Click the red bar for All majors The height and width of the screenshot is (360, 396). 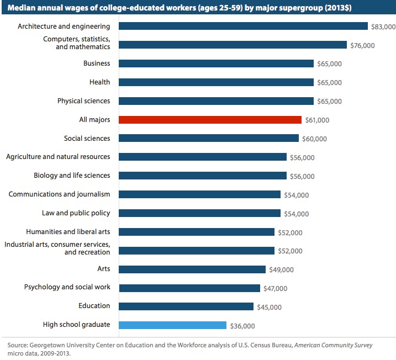click(x=210, y=119)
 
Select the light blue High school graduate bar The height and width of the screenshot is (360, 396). click(x=172, y=325)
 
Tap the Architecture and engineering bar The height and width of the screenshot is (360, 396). click(x=243, y=26)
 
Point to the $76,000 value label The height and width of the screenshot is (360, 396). click(x=362, y=45)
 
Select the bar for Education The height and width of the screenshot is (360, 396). click(x=186, y=306)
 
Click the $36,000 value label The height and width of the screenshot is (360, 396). click(x=242, y=326)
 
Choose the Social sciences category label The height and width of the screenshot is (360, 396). click(x=87, y=138)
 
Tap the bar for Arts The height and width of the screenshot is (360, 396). click(x=192, y=269)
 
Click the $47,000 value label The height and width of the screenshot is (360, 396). click(x=275, y=288)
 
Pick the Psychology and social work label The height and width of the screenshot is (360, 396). click(x=67, y=287)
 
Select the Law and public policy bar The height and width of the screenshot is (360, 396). click(x=199, y=213)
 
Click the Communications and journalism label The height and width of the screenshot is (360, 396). click(x=59, y=194)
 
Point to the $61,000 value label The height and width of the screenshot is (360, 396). click(x=317, y=120)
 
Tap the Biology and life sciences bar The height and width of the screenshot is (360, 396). click(x=203, y=176)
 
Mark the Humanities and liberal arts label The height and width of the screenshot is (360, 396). click(x=68, y=231)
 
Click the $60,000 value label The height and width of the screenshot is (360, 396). click(x=314, y=139)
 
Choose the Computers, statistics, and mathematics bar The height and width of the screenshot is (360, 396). click(x=233, y=45)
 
